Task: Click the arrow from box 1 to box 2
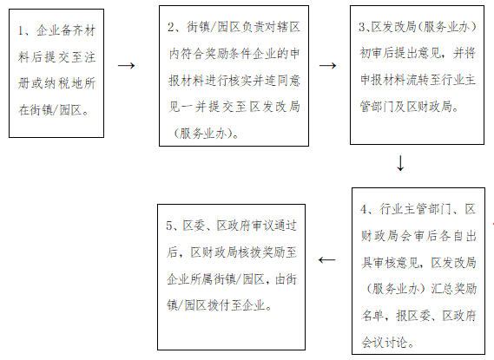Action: click(x=127, y=65)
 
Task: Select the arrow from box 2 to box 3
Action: click(x=327, y=65)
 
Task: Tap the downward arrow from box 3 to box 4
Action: click(x=400, y=163)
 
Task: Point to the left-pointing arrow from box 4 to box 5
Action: click(x=327, y=260)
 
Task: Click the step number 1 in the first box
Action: click(x=21, y=31)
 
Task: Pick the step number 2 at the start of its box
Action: click(x=171, y=27)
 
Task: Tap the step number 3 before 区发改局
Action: click(x=362, y=27)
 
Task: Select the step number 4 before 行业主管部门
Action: click(x=364, y=209)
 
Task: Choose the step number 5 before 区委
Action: click(x=170, y=226)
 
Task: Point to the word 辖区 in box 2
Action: click(x=288, y=27)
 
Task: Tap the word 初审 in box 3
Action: click(x=371, y=53)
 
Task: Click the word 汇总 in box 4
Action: click(x=442, y=289)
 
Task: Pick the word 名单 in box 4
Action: click(x=372, y=315)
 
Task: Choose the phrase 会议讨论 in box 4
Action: click(x=384, y=343)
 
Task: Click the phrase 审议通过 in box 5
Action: click(x=273, y=226)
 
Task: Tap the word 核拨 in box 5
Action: click(x=249, y=252)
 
